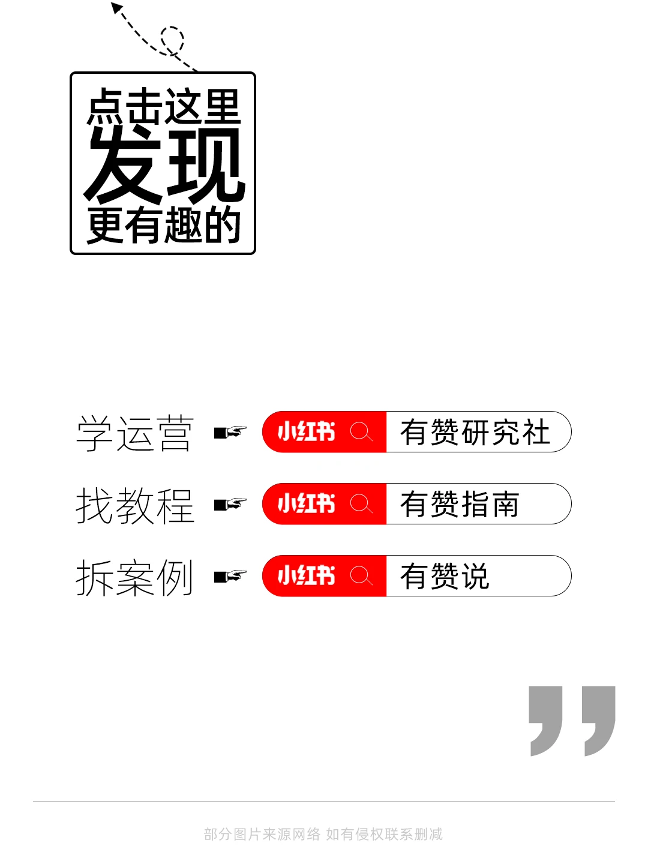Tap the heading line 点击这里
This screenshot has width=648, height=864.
coord(163,107)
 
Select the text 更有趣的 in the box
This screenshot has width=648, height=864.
coord(163,226)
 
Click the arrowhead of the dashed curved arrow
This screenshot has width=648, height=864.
coord(116,8)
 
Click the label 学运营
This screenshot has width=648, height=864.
coord(134,433)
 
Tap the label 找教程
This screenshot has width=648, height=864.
coord(134,505)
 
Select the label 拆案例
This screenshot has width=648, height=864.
coord(134,577)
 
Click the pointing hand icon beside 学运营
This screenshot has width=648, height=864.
coord(230,432)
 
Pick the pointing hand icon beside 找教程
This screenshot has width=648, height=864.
coord(230,504)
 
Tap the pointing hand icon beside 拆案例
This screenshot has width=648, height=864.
coord(230,576)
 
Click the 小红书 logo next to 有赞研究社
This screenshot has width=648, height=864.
coord(306,432)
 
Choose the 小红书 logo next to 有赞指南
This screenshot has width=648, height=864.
coord(306,504)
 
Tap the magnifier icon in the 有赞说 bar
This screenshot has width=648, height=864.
coord(361,576)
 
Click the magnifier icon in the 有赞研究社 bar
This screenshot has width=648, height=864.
coord(361,432)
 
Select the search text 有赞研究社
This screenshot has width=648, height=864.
coord(475,433)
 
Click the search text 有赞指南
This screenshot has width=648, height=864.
coord(460,505)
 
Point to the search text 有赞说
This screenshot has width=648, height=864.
coord(445,577)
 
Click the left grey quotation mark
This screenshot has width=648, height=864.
coord(545,720)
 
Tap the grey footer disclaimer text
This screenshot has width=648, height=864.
coord(323,834)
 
